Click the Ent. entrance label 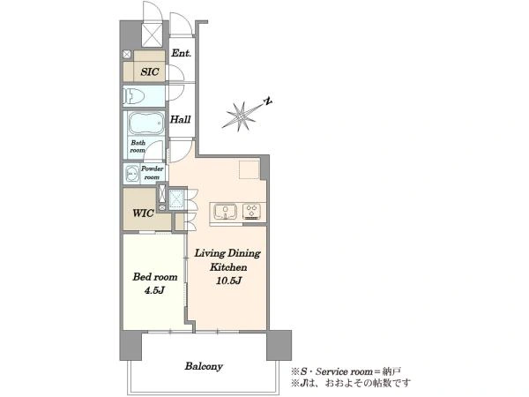181,53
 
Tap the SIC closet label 150,71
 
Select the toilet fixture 134,96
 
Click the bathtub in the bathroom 146,124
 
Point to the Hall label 180,119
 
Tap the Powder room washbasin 130,174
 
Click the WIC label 143,213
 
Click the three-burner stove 251,212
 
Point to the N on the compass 268,101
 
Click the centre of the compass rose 242,116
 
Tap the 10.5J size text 228,281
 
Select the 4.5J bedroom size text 154,289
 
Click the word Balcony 204,366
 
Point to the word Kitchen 228,267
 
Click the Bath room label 138,146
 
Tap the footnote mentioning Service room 346,371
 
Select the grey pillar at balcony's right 279,345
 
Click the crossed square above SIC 153,34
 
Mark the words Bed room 155,277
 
